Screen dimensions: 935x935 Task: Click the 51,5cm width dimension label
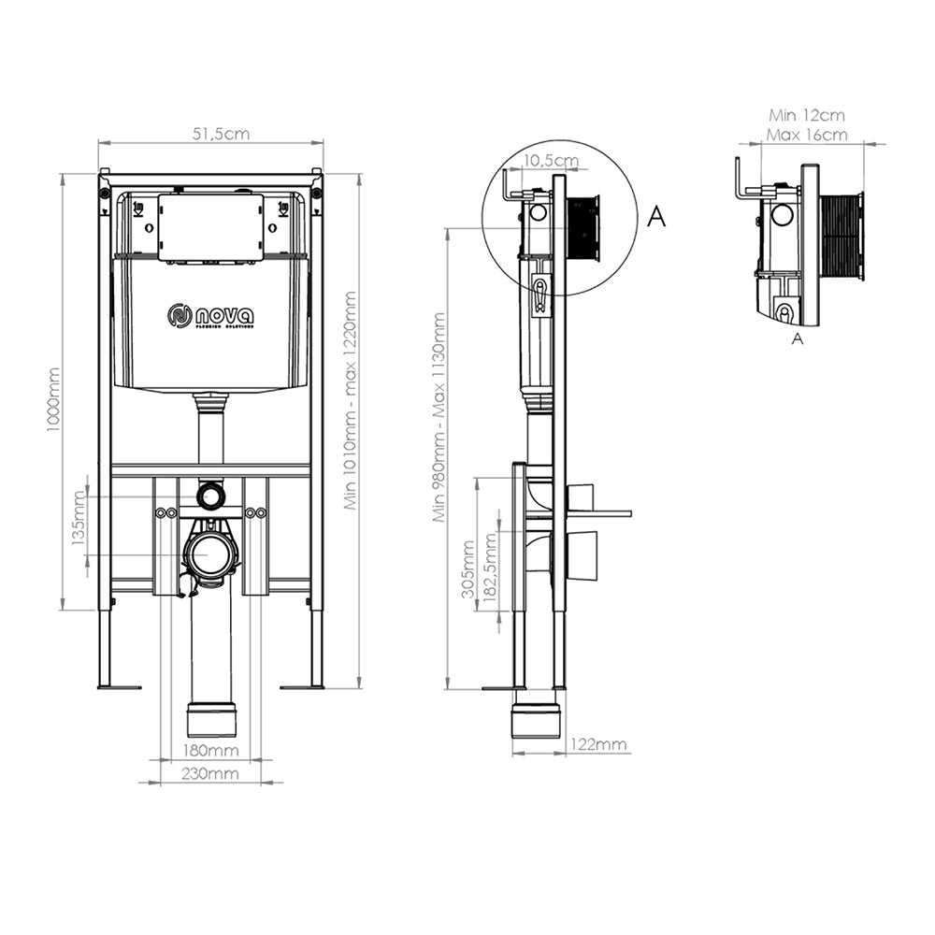pyautogui.click(x=221, y=134)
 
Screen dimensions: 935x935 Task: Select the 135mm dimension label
pyautogui.click(x=80, y=525)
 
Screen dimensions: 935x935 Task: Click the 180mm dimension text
pyautogui.click(x=210, y=750)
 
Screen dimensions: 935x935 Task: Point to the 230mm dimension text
pyautogui.click(x=210, y=773)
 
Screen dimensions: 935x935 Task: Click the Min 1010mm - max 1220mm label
pyautogui.click(x=350, y=400)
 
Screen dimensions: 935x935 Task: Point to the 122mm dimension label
pyautogui.click(x=598, y=744)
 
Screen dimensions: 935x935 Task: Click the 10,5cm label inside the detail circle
pyautogui.click(x=550, y=161)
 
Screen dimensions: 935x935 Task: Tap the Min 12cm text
pyautogui.click(x=806, y=116)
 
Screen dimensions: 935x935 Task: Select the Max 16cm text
pyautogui.click(x=806, y=135)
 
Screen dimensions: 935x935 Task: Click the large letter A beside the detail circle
pyautogui.click(x=657, y=217)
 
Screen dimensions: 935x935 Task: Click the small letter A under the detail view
pyautogui.click(x=797, y=339)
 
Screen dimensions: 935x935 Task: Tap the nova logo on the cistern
pyautogui.click(x=210, y=316)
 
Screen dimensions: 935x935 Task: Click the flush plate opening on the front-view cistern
pyautogui.click(x=209, y=226)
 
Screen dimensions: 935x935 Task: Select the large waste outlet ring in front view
pyautogui.click(x=211, y=554)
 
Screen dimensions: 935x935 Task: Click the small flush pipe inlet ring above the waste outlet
pyautogui.click(x=211, y=495)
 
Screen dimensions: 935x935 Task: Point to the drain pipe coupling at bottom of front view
pyautogui.click(x=212, y=720)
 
